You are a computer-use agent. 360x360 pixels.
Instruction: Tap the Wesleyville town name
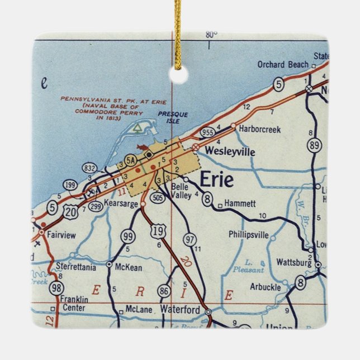point(230,151)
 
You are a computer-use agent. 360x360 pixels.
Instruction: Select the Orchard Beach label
point(283,65)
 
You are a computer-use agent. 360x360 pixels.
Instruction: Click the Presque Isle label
point(173,118)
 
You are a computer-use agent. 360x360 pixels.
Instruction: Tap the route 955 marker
point(207,132)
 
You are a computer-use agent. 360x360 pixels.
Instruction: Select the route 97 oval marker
point(191,240)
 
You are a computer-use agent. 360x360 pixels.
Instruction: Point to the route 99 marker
point(127,236)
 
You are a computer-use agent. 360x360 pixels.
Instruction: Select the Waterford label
point(179,309)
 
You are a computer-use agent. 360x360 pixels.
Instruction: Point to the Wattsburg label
point(293,262)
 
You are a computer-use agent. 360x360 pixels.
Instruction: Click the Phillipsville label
point(249,235)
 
